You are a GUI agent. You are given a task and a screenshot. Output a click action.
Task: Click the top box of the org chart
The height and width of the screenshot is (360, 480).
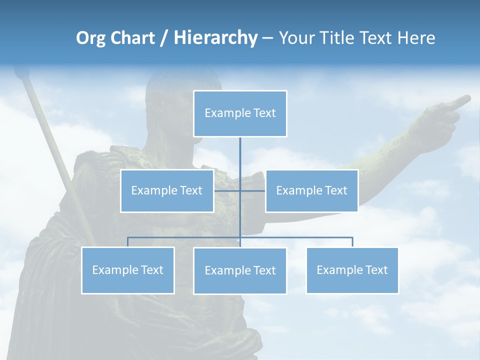(240, 113)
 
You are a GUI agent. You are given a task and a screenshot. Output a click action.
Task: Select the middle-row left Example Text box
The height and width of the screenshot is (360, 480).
(167, 190)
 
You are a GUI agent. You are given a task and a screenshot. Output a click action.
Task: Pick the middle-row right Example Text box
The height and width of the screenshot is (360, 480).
(311, 190)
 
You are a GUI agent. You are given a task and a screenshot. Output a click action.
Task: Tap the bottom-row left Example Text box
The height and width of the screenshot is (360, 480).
(127, 270)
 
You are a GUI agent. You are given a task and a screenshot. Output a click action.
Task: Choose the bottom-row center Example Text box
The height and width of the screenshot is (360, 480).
(240, 270)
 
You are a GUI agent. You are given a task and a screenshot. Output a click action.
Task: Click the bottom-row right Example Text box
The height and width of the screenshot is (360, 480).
(352, 270)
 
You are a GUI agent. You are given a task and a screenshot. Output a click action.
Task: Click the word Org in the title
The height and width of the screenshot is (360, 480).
(90, 38)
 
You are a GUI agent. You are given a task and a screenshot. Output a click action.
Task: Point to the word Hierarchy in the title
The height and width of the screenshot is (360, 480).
(215, 38)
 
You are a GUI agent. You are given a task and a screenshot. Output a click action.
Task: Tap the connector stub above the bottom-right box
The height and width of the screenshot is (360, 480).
(352, 242)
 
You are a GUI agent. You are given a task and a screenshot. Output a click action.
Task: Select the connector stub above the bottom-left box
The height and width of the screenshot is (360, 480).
(128, 242)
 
